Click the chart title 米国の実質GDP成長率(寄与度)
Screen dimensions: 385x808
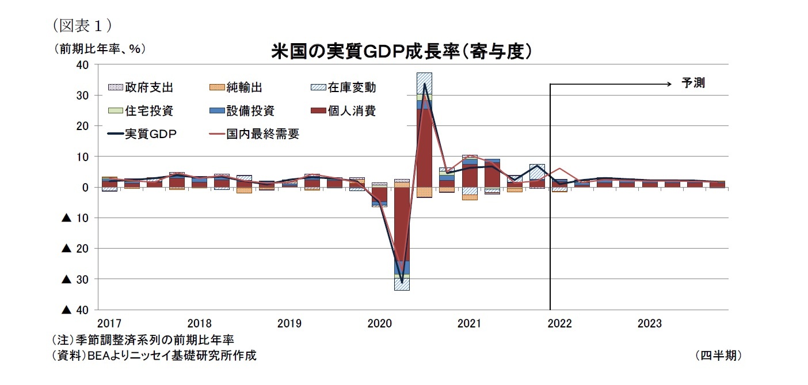[x=401, y=51]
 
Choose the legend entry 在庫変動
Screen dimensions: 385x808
[x=352, y=87]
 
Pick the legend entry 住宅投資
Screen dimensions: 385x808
[x=148, y=110]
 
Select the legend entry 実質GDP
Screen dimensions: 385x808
[x=151, y=134]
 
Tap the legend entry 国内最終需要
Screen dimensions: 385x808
[x=262, y=134]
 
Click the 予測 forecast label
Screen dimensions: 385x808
[x=693, y=83]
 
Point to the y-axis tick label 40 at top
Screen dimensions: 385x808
[x=82, y=65]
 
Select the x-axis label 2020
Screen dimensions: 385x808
[x=379, y=323]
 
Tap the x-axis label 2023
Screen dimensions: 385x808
[x=649, y=323]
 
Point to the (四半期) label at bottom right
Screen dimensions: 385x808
[x=718, y=356]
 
